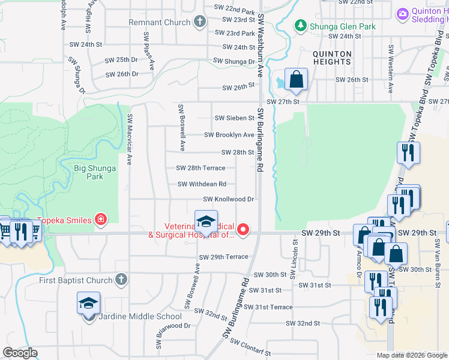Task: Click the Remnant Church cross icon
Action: point(200,22)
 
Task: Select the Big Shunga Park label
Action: point(95,173)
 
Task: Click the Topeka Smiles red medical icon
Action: point(101,220)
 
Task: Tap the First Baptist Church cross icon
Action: point(121,280)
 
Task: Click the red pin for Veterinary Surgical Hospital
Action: point(243,229)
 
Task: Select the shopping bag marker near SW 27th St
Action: point(296,79)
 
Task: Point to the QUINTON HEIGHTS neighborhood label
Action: point(332,58)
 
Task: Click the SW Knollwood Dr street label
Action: point(229,199)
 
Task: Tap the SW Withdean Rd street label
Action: point(202,184)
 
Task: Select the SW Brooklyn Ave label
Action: point(229,135)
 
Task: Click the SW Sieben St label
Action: point(234,118)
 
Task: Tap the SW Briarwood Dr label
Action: point(170,326)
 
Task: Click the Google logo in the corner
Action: point(20,353)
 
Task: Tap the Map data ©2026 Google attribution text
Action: point(412,355)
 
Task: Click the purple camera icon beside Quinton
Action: point(402,13)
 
